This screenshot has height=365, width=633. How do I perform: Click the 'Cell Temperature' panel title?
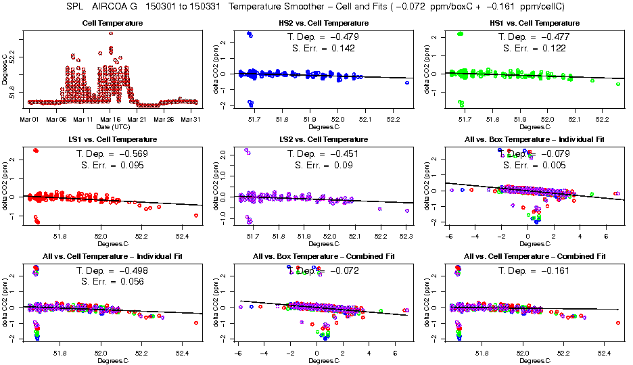click(111, 23)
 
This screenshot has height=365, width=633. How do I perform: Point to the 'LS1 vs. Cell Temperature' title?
click(111, 140)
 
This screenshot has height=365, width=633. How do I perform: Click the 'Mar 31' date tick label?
click(191, 119)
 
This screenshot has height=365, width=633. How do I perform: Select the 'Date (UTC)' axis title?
click(111, 126)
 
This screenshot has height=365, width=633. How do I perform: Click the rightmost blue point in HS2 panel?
click(407, 82)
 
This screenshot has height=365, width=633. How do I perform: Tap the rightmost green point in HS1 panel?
click(618, 84)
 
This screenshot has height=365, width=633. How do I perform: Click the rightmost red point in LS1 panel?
click(196, 216)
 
